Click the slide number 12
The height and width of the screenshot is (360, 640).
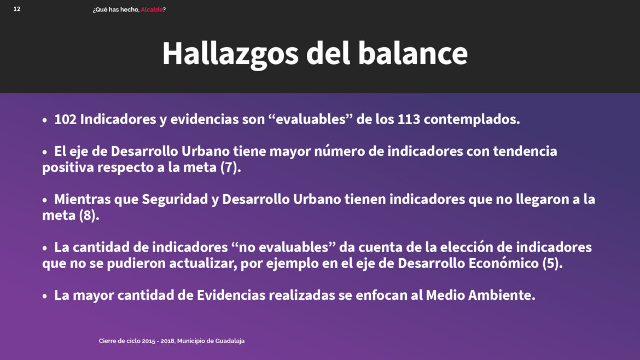(x=17, y=9)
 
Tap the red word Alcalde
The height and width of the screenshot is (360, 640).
(x=152, y=9)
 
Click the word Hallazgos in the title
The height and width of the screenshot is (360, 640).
(x=230, y=54)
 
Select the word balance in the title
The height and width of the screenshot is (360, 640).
(x=412, y=53)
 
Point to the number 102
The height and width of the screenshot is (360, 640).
(x=65, y=119)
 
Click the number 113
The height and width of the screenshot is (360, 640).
(x=409, y=119)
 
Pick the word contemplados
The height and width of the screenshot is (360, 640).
(x=472, y=120)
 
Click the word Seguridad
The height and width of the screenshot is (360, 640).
(x=174, y=199)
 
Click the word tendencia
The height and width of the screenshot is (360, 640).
(x=525, y=151)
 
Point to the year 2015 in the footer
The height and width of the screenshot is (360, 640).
(x=149, y=341)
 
